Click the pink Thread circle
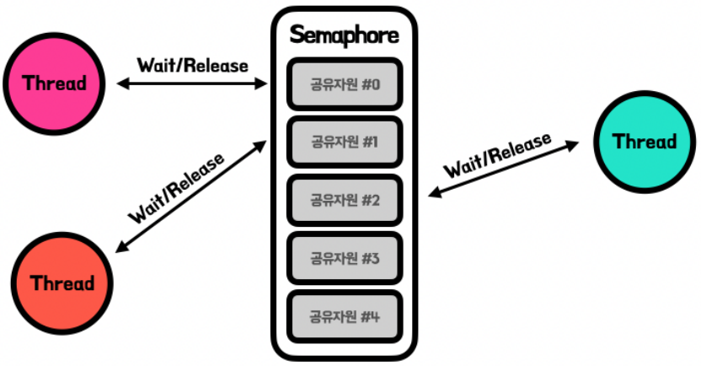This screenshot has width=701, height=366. point(54,83)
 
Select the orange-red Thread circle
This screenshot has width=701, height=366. point(62,283)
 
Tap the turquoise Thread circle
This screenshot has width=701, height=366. point(645,141)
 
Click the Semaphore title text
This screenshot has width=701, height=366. point(344,35)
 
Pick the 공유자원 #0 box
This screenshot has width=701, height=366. point(344,83)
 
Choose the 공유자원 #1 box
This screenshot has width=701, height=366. point(344,142)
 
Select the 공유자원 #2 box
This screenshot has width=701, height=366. point(344,200)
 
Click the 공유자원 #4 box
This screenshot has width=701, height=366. point(344,316)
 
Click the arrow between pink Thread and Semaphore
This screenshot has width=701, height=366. point(194,84)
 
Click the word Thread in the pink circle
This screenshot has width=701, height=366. point(54,83)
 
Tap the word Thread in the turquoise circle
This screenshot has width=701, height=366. point(645,141)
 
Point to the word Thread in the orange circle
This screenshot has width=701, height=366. point(62,283)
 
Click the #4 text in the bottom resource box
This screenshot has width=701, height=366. point(372,316)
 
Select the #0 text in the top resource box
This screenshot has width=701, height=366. point(372,83)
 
